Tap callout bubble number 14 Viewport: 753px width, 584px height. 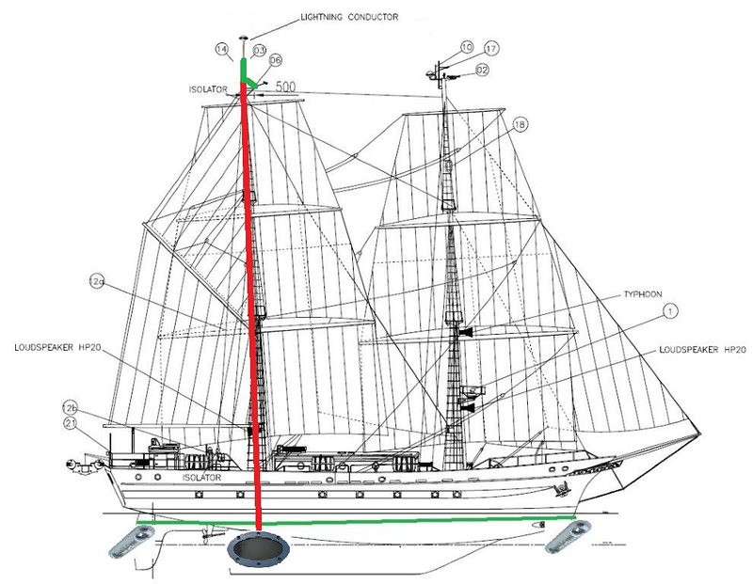click(x=222, y=48)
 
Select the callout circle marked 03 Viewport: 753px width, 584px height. click(x=258, y=49)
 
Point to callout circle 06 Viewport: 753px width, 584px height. click(x=275, y=60)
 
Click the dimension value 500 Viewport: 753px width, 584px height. click(x=286, y=87)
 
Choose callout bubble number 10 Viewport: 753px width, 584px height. click(x=467, y=47)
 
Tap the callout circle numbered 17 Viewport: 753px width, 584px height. click(x=490, y=48)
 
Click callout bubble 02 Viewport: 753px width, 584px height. click(x=481, y=69)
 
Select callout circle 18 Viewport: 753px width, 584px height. click(x=521, y=124)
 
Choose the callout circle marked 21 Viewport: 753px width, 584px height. click(x=70, y=423)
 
